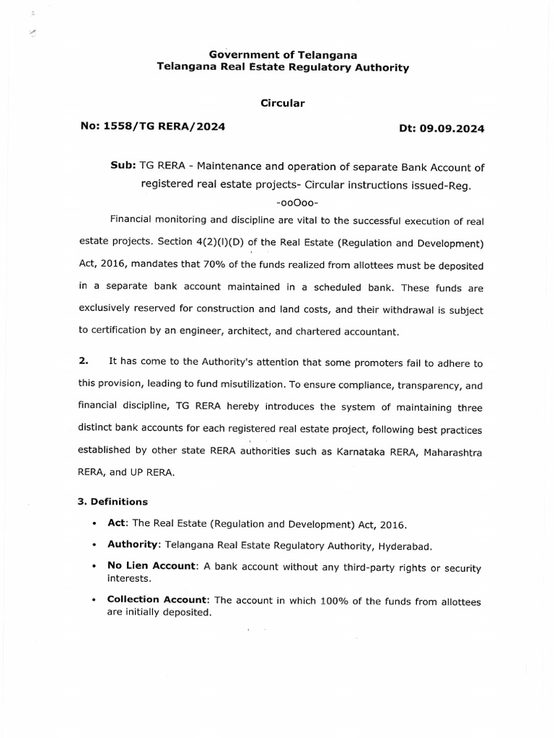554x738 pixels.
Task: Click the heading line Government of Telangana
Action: click(x=283, y=55)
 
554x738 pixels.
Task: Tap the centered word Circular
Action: click(x=283, y=103)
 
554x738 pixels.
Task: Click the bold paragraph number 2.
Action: click(x=82, y=361)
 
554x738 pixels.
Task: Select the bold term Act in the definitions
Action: click(x=115, y=523)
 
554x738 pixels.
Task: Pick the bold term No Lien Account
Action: click(x=151, y=566)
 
